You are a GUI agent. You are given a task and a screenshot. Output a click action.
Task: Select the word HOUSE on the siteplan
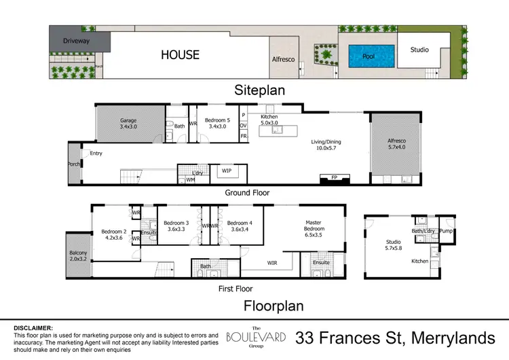click(180, 55)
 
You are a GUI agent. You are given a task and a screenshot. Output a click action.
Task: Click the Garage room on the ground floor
click(129, 123)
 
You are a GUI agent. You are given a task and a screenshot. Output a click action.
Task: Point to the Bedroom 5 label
click(218, 123)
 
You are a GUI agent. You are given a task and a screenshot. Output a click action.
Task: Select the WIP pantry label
click(225, 172)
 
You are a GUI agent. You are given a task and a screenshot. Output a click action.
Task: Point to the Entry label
click(96, 154)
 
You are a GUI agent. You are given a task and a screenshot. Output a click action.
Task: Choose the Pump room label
click(446, 231)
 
